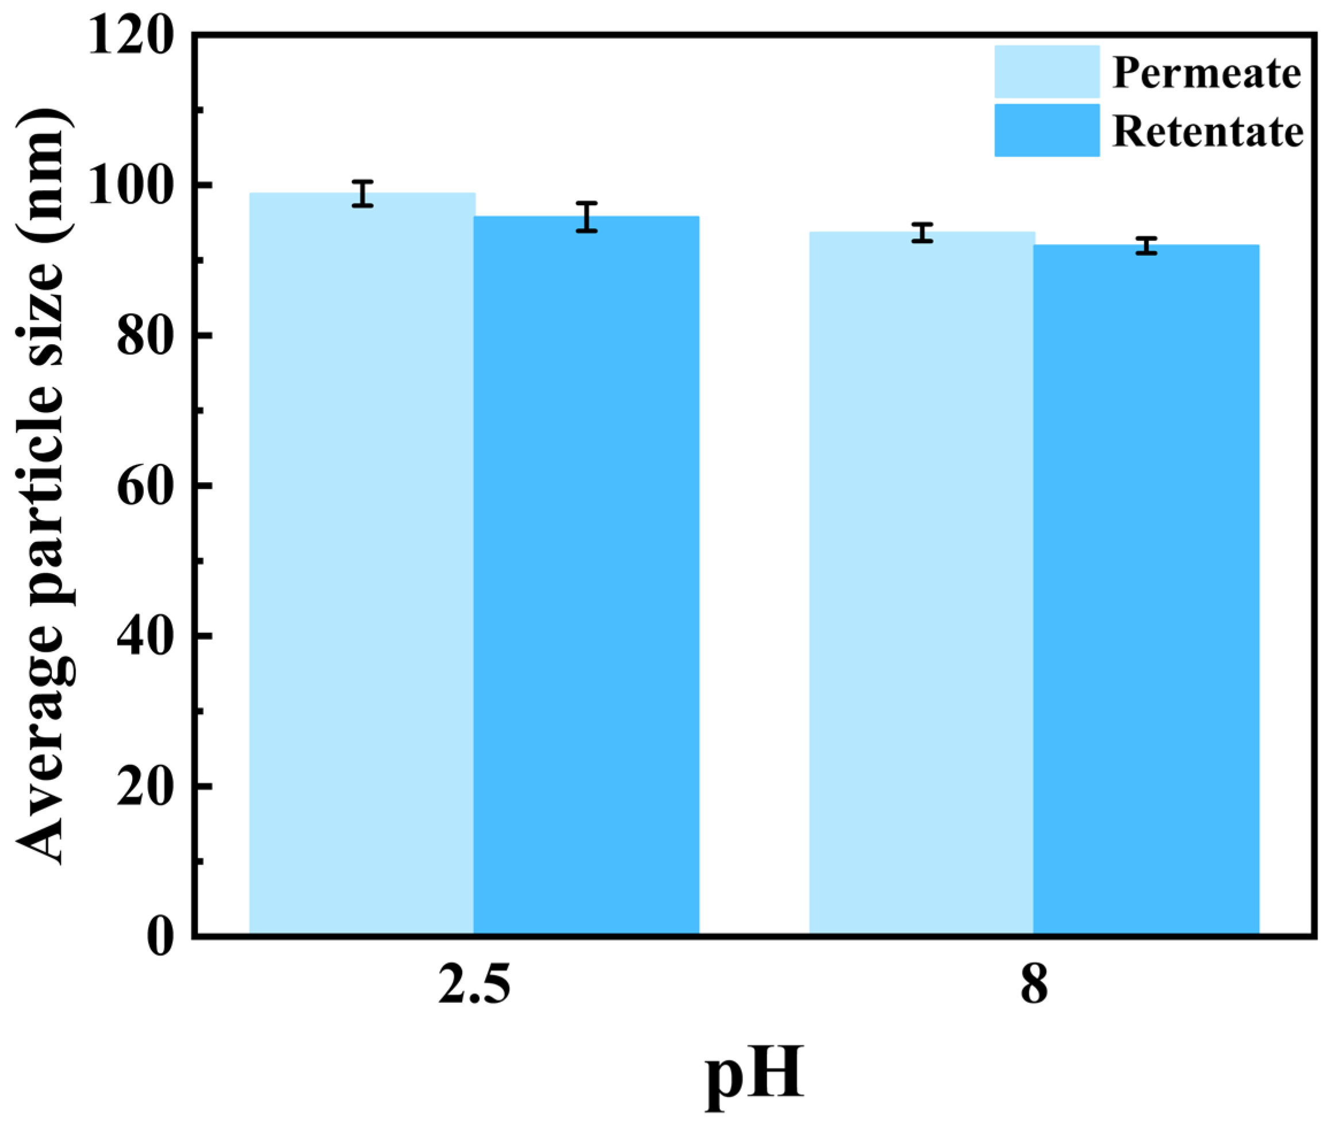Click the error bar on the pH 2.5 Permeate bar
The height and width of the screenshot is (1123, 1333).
(x=362, y=194)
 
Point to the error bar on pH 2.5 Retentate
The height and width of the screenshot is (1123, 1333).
(x=587, y=217)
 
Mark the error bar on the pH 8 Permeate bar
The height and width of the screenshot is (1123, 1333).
(x=922, y=232)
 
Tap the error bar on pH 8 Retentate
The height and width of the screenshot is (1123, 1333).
(x=1146, y=246)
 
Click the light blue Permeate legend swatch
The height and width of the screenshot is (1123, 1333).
(x=1047, y=71)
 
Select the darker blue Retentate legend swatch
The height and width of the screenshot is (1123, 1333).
(x=1047, y=130)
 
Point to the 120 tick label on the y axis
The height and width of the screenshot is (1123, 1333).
(x=131, y=37)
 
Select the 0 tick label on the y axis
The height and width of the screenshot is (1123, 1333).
(x=160, y=936)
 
